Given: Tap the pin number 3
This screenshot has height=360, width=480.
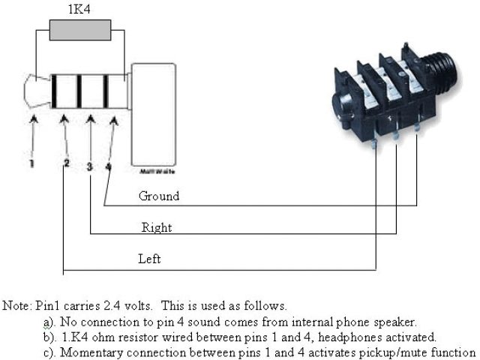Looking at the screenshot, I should (89, 166).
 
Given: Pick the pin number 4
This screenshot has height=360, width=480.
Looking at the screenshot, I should (109, 166).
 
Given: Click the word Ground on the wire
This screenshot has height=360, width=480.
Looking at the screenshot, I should (159, 196).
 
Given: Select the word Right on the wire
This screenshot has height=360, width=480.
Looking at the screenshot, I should (157, 227).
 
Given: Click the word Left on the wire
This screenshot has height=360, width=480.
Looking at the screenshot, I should (149, 259).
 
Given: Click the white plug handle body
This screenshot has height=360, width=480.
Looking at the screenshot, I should (154, 112).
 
